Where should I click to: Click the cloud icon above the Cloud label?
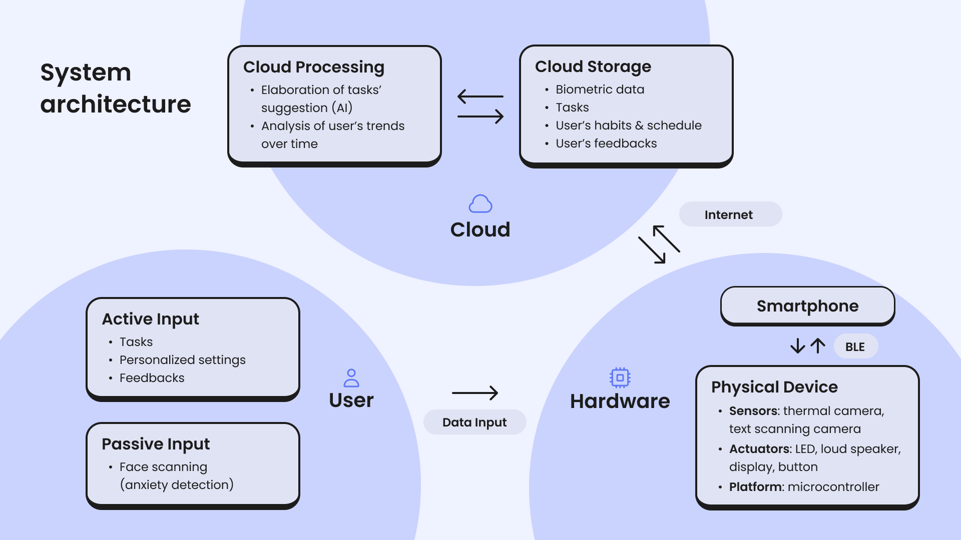480,204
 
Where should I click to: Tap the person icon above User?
351,378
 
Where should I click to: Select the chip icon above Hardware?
620,377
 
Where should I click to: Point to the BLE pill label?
855,346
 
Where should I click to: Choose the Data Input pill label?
474,422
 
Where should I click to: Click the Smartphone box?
807,305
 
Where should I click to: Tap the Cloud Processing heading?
314,67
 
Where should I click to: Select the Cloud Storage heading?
593,66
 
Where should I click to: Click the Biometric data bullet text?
600,89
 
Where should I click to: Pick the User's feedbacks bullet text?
606,143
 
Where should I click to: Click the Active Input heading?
151,319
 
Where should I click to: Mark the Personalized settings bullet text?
183,360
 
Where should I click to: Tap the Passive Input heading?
156,444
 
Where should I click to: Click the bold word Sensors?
754,411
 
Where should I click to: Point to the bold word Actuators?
759,449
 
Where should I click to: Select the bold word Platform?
756,487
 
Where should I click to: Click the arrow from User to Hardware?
474,393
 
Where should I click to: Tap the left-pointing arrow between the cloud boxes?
480,96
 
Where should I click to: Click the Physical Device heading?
774,387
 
